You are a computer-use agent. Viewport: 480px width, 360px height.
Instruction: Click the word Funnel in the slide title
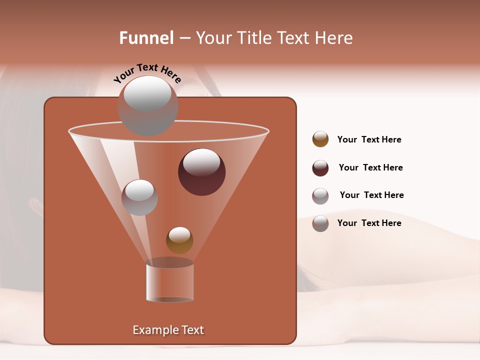pos(146,38)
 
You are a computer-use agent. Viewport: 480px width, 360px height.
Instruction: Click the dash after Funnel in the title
pos(184,38)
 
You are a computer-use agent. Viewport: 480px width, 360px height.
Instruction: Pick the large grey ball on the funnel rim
pos(147,106)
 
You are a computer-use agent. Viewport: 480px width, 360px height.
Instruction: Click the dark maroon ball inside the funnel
pos(202,172)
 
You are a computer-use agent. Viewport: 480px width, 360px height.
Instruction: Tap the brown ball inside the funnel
pos(179,240)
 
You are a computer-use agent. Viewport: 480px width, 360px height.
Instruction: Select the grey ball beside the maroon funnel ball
pos(139,197)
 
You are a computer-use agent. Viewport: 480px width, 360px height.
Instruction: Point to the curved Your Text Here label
pos(147,72)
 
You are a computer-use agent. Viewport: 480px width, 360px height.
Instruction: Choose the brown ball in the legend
pos(320,139)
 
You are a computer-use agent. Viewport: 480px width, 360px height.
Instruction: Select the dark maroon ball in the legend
pos(320,168)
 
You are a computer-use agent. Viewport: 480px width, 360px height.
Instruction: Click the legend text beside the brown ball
pos(369,139)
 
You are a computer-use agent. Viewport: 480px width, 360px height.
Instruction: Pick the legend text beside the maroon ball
pos(370,167)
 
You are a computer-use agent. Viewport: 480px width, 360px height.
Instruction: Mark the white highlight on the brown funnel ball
pos(179,234)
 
